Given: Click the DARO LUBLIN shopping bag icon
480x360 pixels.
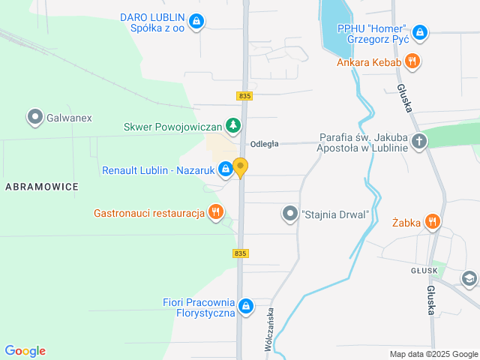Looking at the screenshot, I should pos(196,21).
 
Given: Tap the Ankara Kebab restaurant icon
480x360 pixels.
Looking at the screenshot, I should pos(411,61).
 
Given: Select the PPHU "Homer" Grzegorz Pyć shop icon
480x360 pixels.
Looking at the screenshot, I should pos(420,33).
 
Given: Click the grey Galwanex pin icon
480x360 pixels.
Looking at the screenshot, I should pos(34,117).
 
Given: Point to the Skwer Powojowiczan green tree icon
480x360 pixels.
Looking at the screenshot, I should pos(235,125).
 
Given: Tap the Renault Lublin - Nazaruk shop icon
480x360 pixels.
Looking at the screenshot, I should pos(225,170).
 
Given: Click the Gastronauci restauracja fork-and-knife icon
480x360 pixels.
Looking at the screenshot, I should pos(216,212).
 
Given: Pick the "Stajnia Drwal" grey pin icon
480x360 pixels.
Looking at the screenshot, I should pos(290,214).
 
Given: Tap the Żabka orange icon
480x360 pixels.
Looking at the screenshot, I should pos(432,221).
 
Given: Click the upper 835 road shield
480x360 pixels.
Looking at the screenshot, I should pos(244,96).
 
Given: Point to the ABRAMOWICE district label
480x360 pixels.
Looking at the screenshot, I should pos(41,187).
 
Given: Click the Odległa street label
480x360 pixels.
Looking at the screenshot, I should pos(265,144).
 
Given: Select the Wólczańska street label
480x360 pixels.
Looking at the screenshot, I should pos(268,329).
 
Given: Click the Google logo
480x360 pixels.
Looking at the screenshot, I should pos(25,351).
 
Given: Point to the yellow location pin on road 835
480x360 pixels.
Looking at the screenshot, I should pos(240,167).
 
